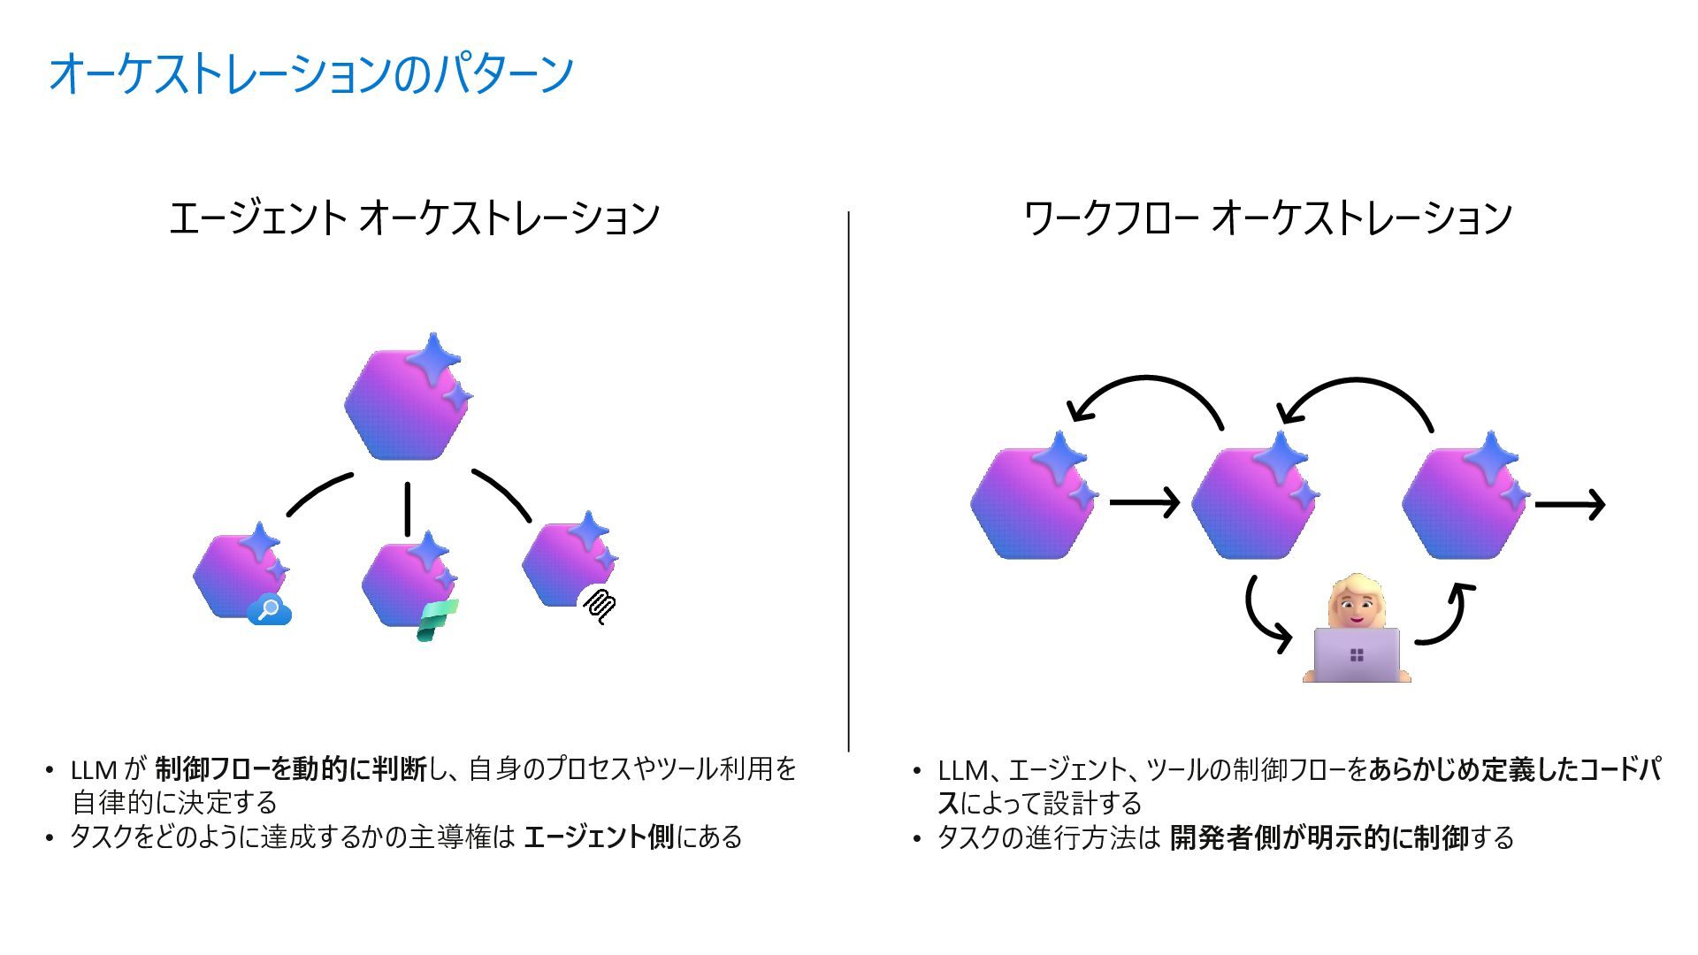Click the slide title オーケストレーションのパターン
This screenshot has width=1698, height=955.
click(x=311, y=73)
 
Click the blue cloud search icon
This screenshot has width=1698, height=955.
click(x=269, y=610)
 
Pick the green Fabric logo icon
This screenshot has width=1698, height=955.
click(x=437, y=620)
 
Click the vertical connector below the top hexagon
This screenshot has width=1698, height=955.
click(x=408, y=509)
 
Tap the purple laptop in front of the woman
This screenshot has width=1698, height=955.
click(x=1357, y=655)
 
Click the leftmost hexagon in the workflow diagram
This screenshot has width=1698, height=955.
click(x=1031, y=502)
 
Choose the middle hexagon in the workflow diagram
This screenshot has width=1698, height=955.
click(x=1251, y=502)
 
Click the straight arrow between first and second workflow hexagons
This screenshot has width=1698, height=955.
click(x=1143, y=502)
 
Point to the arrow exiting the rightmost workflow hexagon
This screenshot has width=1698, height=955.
click(x=1569, y=504)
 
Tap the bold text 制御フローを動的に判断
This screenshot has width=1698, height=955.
click(x=291, y=769)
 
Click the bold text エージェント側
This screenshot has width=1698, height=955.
click(x=599, y=837)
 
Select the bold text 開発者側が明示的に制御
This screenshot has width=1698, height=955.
click(x=1319, y=837)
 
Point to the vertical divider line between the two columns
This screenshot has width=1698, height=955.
click(x=849, y=482)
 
